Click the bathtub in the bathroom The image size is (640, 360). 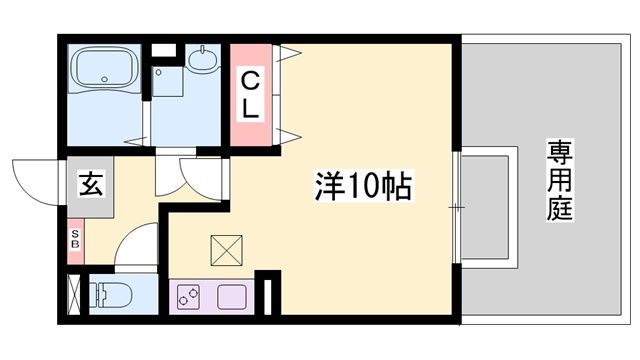[x=104, y=71]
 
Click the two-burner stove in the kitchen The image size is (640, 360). [x=191, y=296]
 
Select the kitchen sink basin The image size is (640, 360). [x=233, y=296]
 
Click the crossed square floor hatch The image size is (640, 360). [x=226, y=250]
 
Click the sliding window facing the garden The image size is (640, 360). [x=457, y=207]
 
